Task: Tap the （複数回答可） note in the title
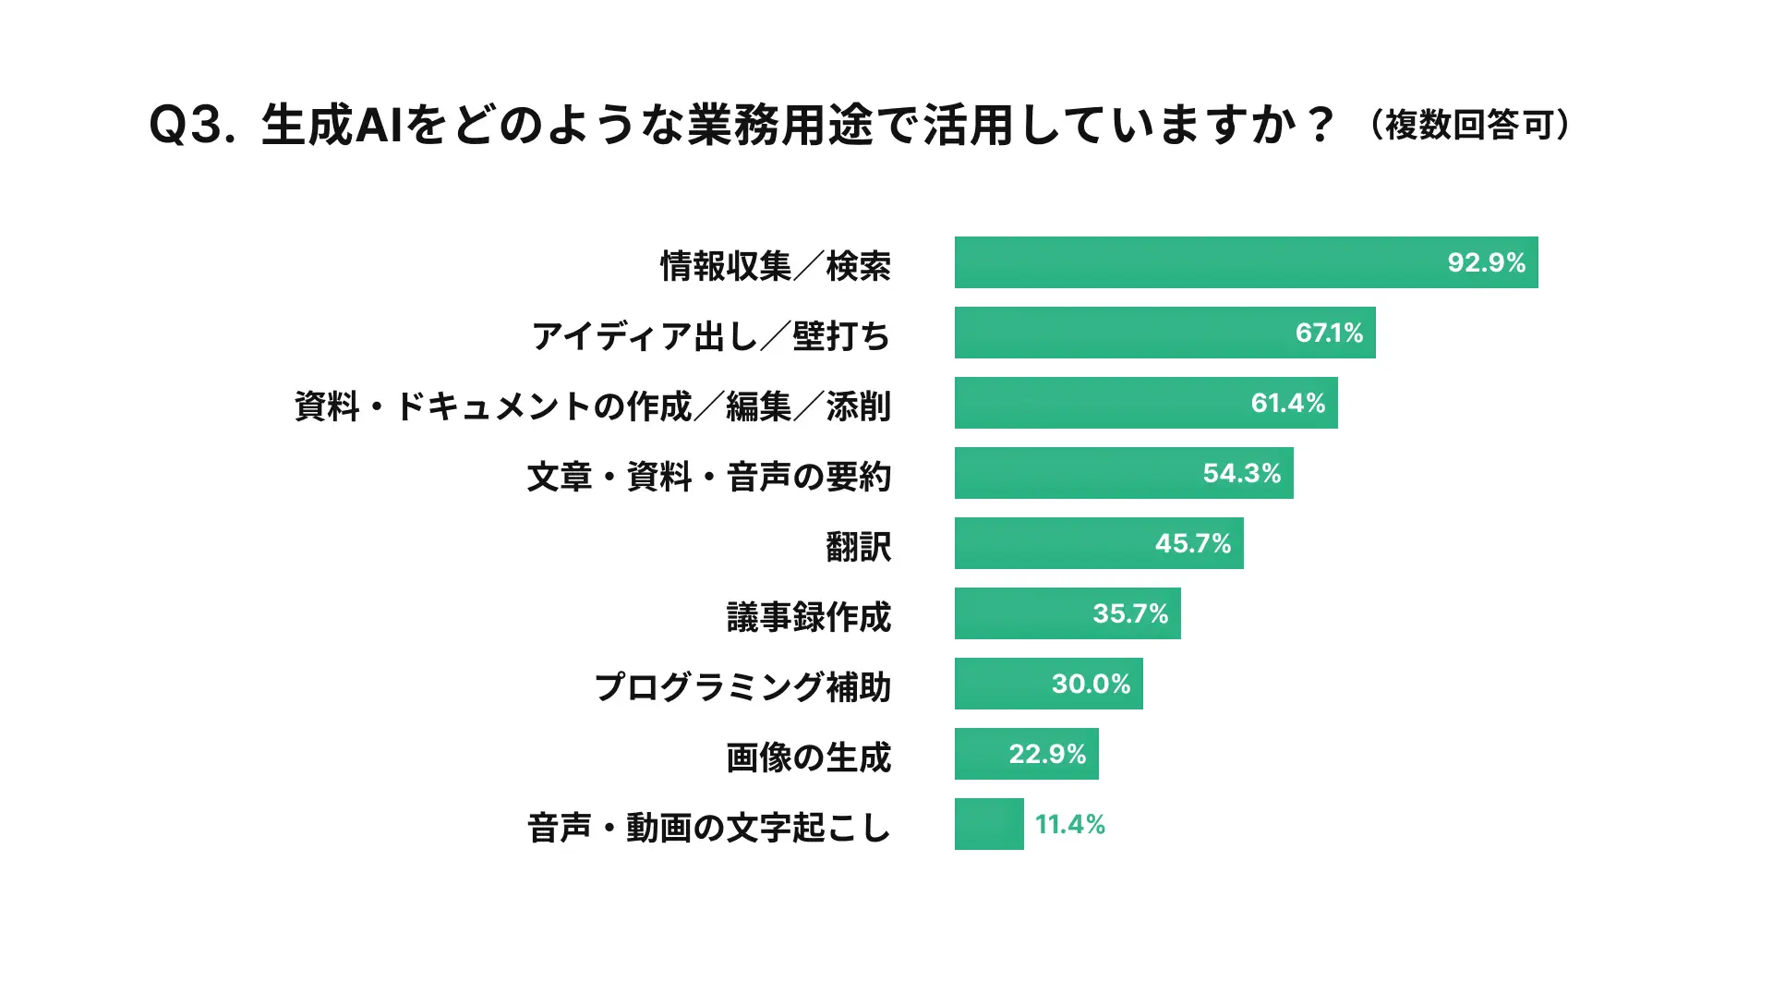point(1470,126)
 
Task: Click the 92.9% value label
point(1486,262)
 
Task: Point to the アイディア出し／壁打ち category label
point(710,335)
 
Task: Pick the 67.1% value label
point(1329,333)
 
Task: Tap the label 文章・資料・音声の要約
point(708,477)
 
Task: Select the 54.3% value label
point(1241,473)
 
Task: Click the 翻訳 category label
point(858,547)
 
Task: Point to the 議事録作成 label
point(808,617)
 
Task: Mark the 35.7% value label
point(1130,613)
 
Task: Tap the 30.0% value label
point(1091,684)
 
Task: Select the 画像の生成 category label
point(808,758)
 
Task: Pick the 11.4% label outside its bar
point(1069,824)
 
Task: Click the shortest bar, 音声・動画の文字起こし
point(989,824)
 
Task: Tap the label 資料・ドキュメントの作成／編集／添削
point(592,406)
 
